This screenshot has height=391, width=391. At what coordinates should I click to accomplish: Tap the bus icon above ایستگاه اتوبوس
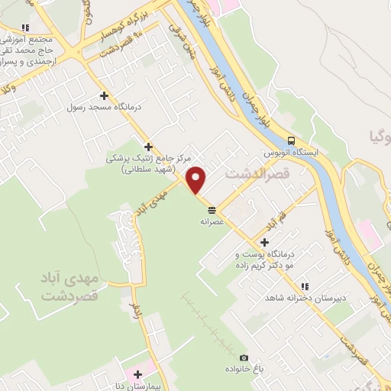(x=290, y=141)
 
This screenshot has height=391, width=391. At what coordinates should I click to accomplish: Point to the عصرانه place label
(x=210, y=221)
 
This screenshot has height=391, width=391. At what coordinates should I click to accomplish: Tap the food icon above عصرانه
(x=210, y=210)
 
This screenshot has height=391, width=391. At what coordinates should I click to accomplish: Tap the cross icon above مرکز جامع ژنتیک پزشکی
(x=148, y=147)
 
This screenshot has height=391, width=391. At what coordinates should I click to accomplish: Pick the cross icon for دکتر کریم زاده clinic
(x=265, y=242)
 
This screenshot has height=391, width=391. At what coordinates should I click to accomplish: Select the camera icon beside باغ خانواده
(x=244, y=357)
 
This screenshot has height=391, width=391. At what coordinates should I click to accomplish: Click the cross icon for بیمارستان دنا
(x=137, y=375)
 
